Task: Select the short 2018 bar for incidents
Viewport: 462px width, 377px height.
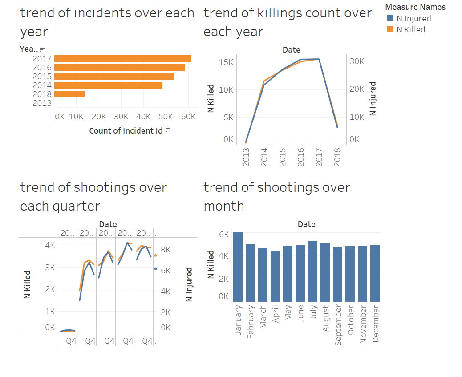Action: click(69, 94)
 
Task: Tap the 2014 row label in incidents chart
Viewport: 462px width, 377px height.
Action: click(42, 85)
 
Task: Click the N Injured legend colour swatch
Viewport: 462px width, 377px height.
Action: click(390, 19)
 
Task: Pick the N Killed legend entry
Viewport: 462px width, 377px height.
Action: click(410, 30)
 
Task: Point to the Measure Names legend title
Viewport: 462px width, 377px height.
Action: click(415, 7)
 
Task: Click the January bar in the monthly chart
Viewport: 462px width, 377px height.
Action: click(238, 267)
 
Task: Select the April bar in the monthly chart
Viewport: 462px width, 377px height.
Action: click(275, 276)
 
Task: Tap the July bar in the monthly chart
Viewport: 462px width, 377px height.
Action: click(312, 271)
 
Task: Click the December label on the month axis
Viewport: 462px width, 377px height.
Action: click(375, 324)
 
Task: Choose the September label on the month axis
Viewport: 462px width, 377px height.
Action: click(338, 325)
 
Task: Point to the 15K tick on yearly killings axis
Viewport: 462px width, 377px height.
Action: click(227, 62)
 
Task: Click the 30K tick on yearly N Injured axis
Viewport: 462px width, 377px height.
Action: click(357, 61)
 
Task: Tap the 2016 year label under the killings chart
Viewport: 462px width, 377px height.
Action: click(301, 157)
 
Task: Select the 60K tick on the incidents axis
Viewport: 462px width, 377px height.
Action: click(188, 117)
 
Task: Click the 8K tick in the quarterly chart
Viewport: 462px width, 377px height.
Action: click(166, 250)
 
